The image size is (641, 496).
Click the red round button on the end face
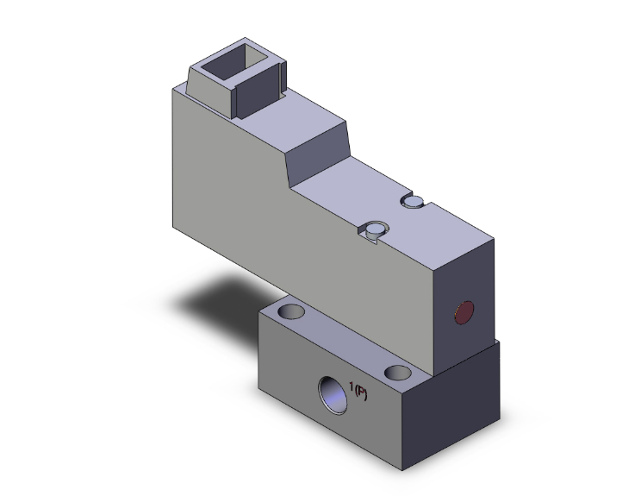coord(464,313)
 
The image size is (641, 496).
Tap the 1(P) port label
coord(361,392)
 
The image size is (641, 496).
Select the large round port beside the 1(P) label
coord(331,391)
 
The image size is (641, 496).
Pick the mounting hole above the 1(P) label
coord(397,373)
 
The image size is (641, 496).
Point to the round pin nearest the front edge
coord(374,229)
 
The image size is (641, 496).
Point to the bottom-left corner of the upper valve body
coord(173,227)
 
